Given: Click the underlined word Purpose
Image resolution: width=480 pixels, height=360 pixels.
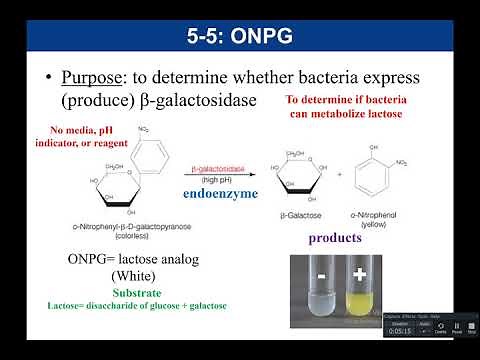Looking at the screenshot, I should click(97, 78).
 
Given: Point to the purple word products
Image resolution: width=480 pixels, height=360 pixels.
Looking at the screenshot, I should click(334, 239).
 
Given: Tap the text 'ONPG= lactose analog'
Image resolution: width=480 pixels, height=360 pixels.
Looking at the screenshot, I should click(134, 259).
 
